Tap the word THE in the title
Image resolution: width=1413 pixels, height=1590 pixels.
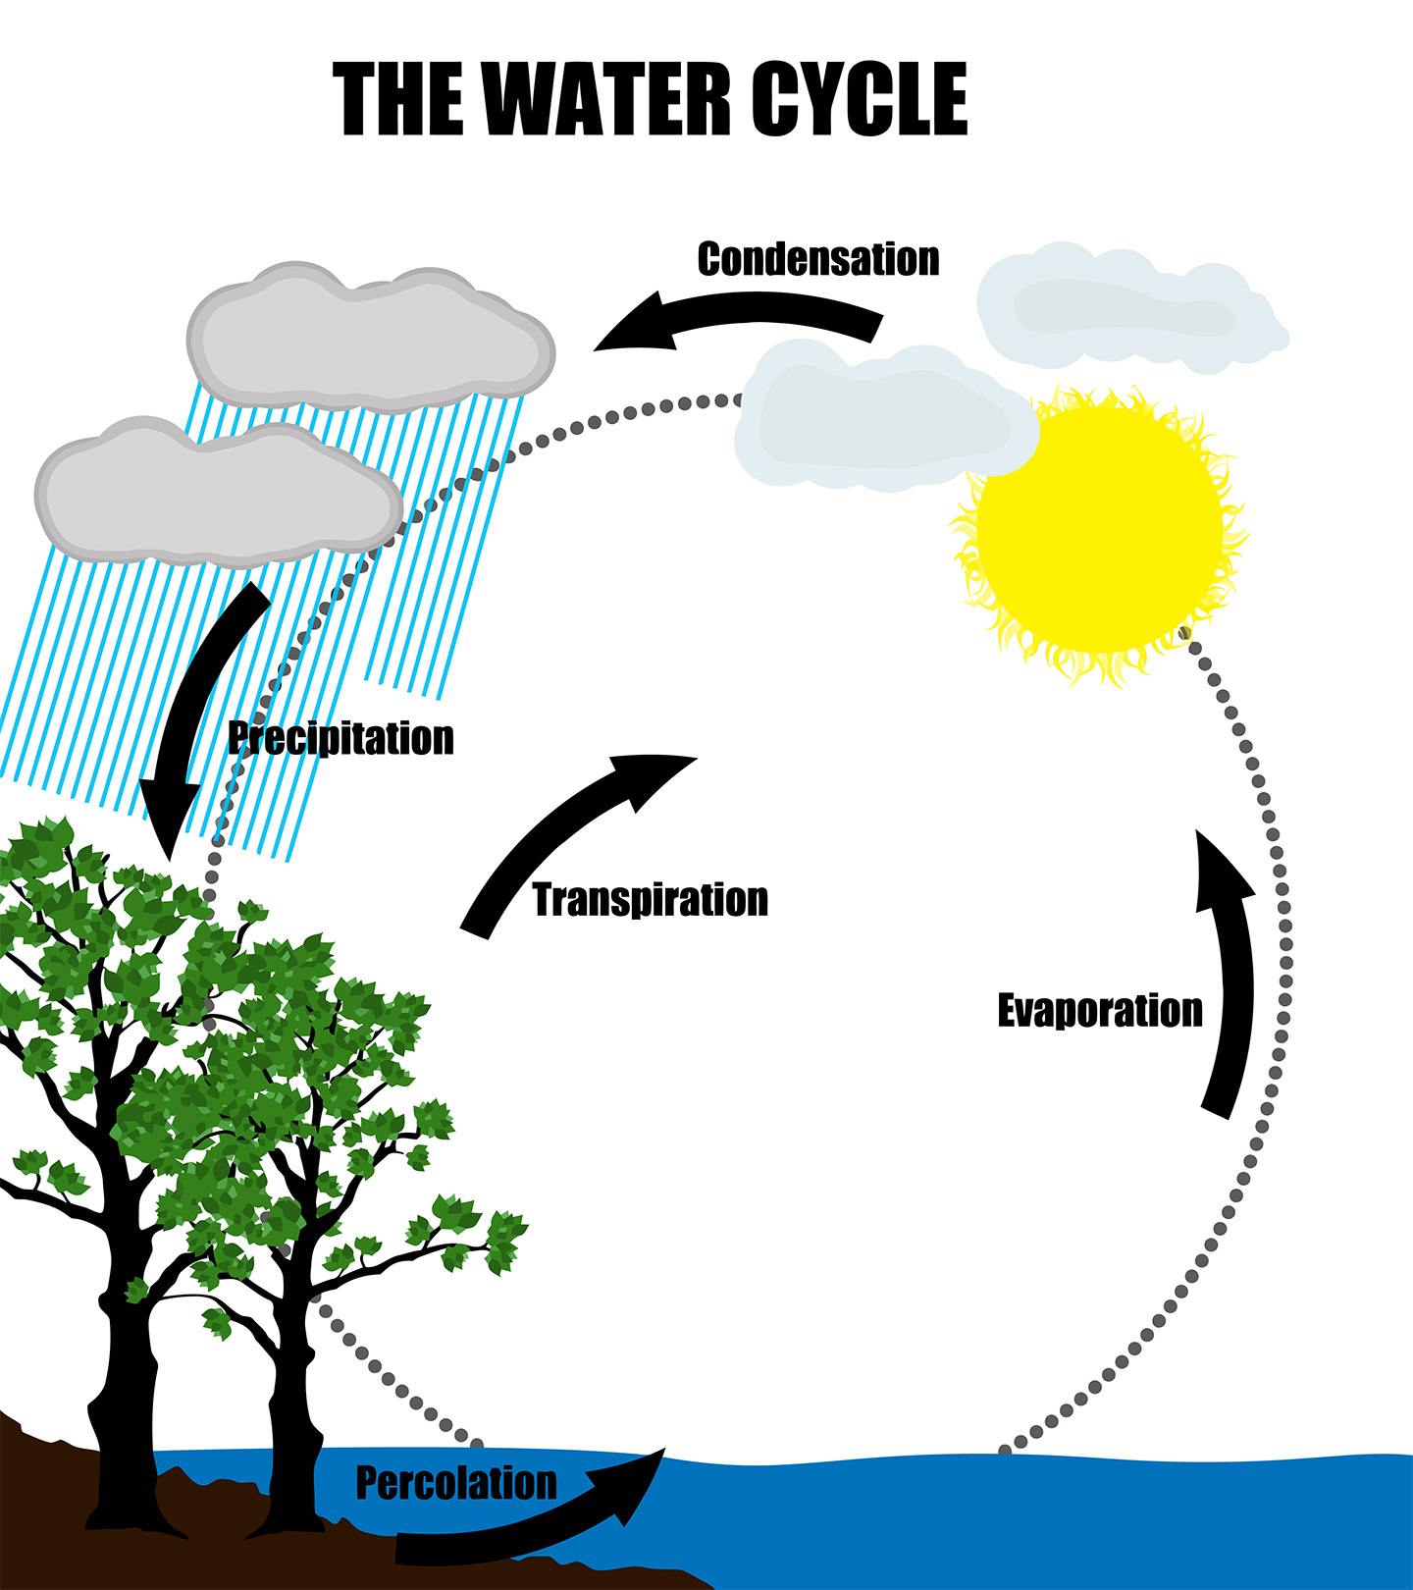pyautogui.click(x=398, y=98)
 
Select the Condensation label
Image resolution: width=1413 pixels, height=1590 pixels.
pyautogui.click(x=817, y=259)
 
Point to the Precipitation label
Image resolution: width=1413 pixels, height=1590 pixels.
pyautogui.click(x=340, y=738)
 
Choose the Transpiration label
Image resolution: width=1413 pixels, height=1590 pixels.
pyautogui.click(x=650, y=900)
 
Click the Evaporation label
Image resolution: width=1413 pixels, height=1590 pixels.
pyautogui.click(x=1099, y=1011)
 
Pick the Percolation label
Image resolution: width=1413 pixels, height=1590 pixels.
pyautogui.click(x=455, y=1483)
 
